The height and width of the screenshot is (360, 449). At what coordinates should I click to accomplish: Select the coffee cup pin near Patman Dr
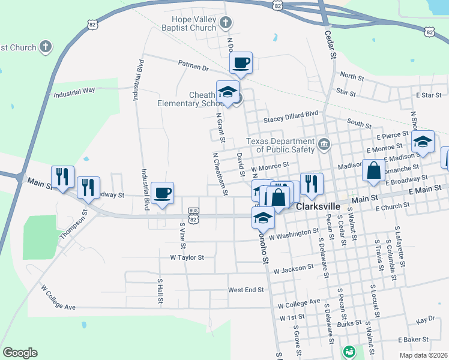tap(241, 63)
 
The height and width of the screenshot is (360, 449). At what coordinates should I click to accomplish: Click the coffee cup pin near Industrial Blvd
tap(162, 193)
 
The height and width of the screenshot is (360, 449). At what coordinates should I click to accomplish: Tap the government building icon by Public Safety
tap(324, 143)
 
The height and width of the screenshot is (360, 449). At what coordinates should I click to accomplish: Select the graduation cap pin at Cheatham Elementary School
tap(228, 92)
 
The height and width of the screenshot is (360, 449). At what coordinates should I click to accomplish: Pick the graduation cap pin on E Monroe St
tap(423, 142)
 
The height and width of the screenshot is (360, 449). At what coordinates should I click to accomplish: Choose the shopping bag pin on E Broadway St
tap(374, 171)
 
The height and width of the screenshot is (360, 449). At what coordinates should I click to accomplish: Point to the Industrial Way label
tap(74, 92)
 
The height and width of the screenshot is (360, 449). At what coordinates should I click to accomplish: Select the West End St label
tap(246, 290)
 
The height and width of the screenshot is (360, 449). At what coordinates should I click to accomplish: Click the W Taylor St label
tap(187, 257)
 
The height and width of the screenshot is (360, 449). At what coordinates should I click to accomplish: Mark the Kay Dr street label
tap(425, 320)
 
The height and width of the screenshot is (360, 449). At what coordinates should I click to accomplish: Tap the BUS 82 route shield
tap(193, 215)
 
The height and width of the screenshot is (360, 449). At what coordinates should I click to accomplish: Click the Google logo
tap(20, 353)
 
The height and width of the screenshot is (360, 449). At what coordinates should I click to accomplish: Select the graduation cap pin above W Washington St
tap(263, 219)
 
